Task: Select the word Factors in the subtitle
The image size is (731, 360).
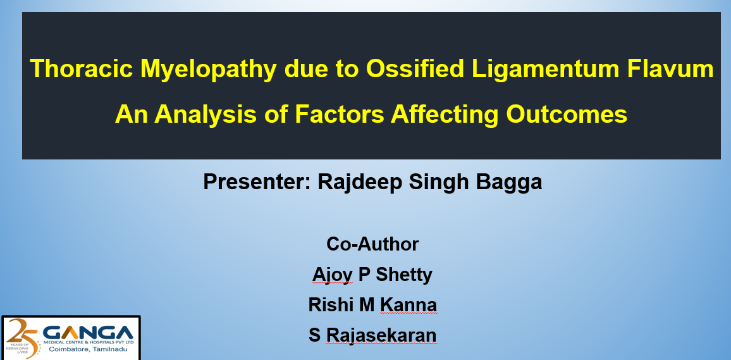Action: tap(340, 114)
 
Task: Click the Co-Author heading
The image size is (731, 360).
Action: tap(372, 244)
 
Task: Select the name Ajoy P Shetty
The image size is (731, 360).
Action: tap(372, 275)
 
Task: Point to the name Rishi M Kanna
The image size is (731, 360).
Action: tap(372, 305)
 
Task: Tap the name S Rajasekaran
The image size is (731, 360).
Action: tap(372, 335)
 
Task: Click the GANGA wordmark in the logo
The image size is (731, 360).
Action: tap(88, 332)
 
